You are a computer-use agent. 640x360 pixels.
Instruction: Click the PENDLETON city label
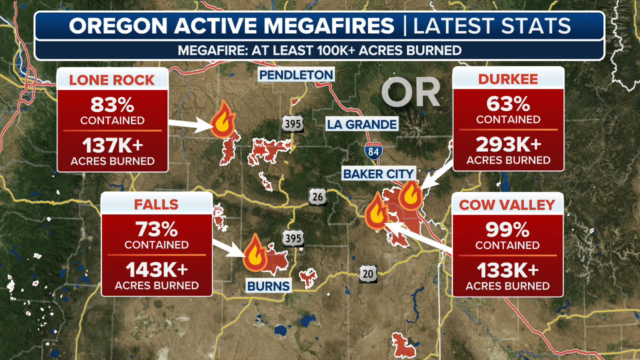[x=295, y=75]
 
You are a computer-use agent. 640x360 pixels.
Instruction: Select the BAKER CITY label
[x=378, y=174]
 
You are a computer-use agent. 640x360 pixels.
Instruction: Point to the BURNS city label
[x=268, y=286]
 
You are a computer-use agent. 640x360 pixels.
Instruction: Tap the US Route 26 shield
[x=317, y=196]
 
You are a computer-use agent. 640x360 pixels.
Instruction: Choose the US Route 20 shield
[x=368, y=273]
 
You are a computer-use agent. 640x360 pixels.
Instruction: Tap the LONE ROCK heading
[x=112, y=80]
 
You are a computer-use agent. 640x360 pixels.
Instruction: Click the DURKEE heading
[x=508, y=79]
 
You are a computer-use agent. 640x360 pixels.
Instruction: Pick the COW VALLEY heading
[x=507, y=205]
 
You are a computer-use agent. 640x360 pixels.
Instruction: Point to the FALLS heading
[x=156, y=204]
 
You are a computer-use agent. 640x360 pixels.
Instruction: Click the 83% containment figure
[x=112, y=105]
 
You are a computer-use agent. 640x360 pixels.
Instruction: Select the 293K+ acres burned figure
[x=508, y=144]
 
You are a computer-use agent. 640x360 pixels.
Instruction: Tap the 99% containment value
[x=507, y=230]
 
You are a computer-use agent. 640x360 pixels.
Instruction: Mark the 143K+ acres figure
[x=156, y=269]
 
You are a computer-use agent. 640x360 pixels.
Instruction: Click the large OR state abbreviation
[x=410, y=93]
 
